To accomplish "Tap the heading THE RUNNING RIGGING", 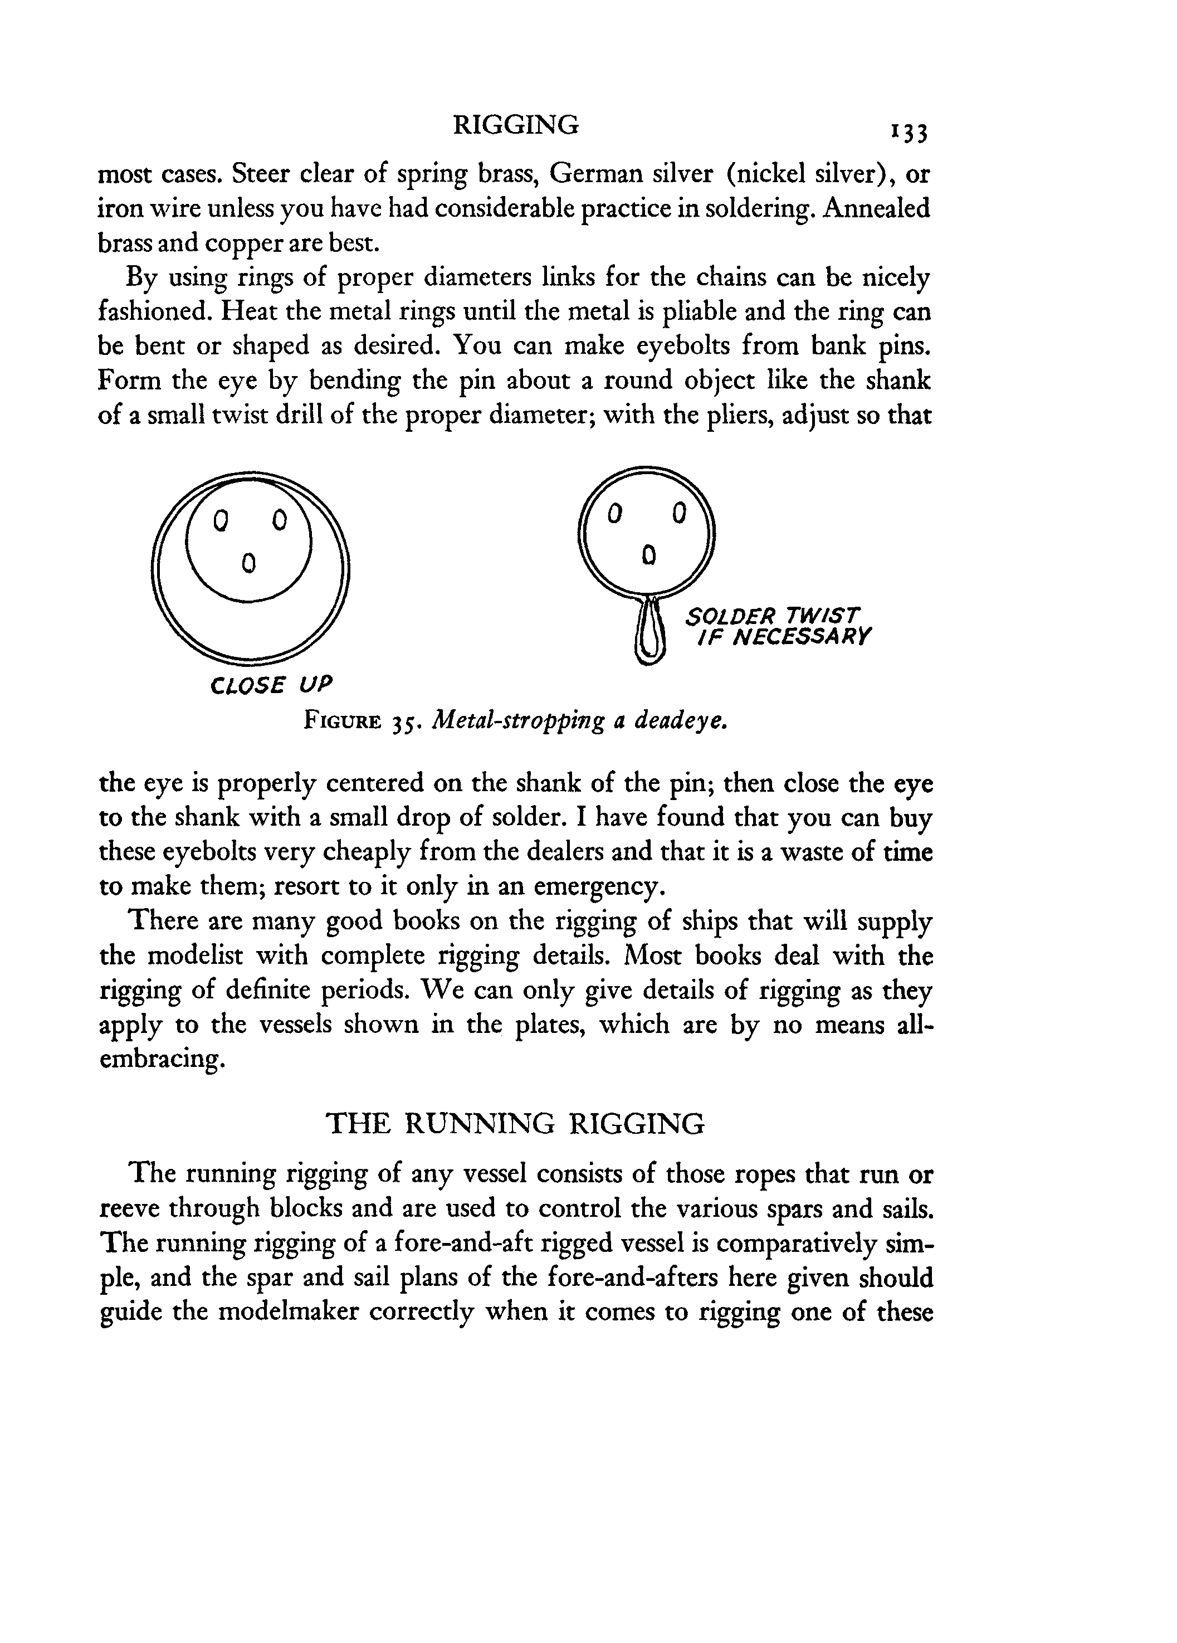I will [x=515, y=1124].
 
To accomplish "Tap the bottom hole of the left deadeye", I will [x=248, y=562].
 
